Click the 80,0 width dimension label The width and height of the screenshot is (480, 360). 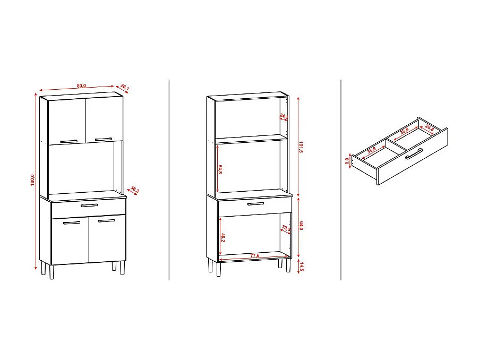coord(81,85)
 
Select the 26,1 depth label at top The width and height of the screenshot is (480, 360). coord(125,87)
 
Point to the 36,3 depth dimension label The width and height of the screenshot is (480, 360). coord(134,189)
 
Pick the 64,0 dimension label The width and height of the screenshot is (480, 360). coord(301,226)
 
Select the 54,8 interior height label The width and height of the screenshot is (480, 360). coord(219,168)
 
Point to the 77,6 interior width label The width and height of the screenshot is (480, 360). coord(255,256)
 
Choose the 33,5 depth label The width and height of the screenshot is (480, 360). coord(285,229)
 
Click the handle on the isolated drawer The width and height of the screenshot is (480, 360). coord(414,154)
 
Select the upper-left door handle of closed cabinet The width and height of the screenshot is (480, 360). coord(69,141)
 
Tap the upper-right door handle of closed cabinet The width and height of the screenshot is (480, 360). coord(104,140)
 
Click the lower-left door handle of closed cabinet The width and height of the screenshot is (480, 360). coord(71,222)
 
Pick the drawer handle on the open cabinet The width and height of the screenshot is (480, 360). coord(255,203)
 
